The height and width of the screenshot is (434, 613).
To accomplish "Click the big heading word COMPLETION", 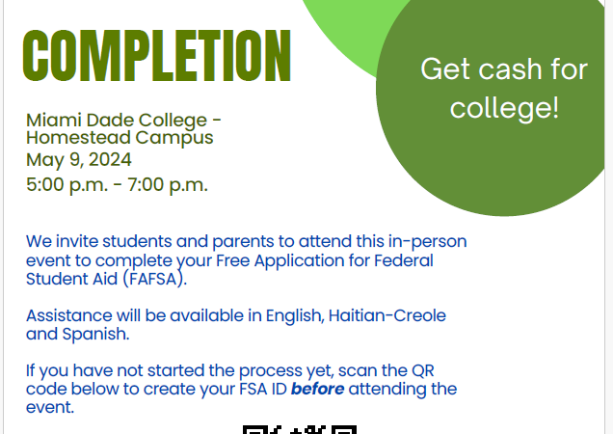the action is [157, 56].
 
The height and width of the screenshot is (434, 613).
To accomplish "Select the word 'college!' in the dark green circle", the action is [505, 108].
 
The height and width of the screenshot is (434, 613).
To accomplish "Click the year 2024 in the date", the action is [110, 160].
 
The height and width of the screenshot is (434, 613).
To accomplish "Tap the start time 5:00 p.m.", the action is [67, 185].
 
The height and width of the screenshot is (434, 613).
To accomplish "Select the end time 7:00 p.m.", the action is [168, 185].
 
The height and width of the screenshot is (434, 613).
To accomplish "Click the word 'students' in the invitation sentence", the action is [137, 241].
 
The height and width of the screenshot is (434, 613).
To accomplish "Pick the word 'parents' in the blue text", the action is [243, 242].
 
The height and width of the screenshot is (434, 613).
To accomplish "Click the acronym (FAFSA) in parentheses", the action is [155, 279].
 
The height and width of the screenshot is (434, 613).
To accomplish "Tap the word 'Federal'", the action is [404, 260].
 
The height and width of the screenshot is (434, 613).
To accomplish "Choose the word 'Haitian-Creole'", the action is [387, 315].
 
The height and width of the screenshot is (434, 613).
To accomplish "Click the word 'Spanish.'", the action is [95, 335].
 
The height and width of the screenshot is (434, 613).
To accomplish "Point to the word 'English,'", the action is [295, 315].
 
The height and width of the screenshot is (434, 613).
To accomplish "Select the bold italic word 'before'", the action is [317, 389].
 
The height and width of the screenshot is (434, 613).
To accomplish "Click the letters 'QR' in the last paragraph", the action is [423, 370].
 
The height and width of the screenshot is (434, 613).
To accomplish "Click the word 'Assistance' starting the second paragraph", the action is [69, 315].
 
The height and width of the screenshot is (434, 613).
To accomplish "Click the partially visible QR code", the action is [300, 429].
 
